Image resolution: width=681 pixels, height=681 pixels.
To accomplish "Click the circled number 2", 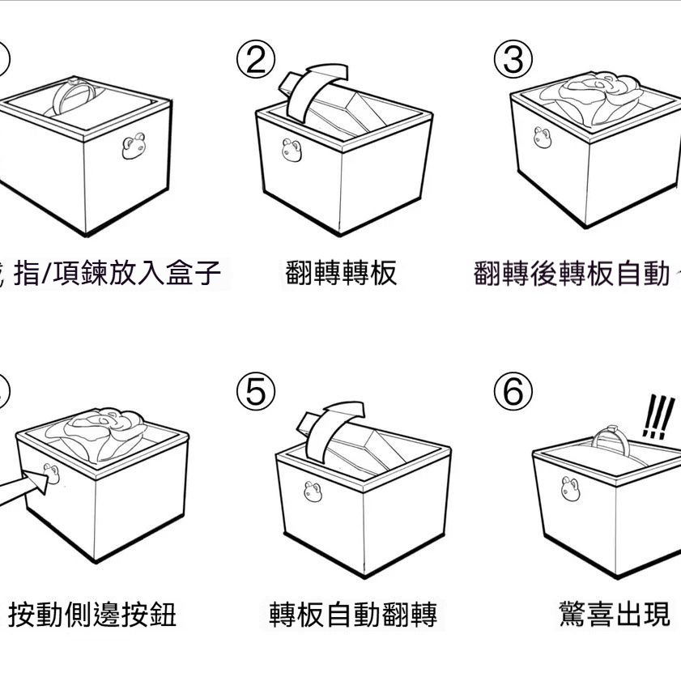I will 256,61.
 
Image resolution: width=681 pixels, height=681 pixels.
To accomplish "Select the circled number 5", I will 256,393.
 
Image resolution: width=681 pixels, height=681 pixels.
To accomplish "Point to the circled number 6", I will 513,393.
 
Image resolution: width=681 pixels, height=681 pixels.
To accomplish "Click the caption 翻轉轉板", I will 341,273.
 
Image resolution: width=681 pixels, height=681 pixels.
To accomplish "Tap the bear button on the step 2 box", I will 291,150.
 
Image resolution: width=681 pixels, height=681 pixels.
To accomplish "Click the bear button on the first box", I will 132,147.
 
